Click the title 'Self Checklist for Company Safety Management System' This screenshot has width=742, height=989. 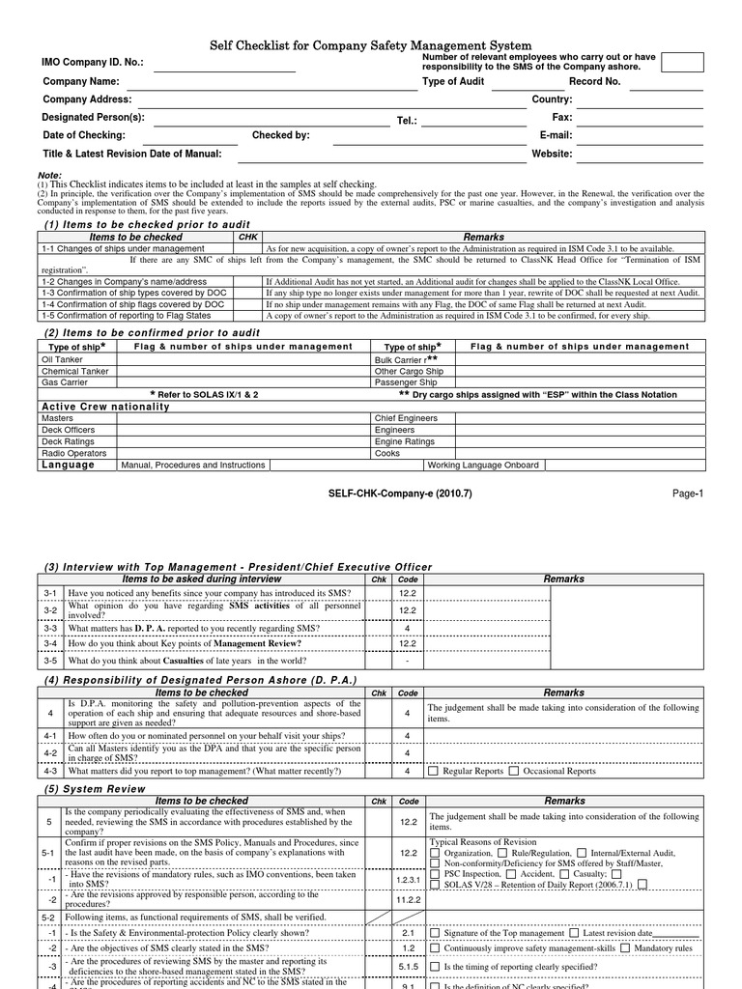pyautogui.click(x=371, y=45)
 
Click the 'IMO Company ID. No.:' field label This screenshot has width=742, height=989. pyautogui.click(x=93, y=63)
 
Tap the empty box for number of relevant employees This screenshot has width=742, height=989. pyautogui.click(x=682, y=63)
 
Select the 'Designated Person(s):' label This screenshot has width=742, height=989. pyautogui.click(x=94, y=117)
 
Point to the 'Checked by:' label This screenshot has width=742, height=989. pyautogui.click(x=280, y=135)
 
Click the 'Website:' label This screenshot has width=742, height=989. pyautogui.click(x=552, y=154)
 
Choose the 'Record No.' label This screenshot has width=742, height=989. pyautogui.click(x=594, y=82)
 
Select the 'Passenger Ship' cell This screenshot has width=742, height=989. pyautogui.click(x=406, y=382)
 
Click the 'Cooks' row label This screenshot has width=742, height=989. pyautogui.click(x=388, y=453)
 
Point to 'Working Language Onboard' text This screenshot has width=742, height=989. pyautogui.click(x=483, y=465)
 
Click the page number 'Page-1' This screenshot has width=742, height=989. pyautogui.click(x=688, y=493)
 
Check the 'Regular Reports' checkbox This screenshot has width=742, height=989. pyautogui.click(x=434, y=772)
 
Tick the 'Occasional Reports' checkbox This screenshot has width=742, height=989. pyautogui.click(x=514, y=772)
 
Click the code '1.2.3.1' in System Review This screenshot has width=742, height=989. pyautogui.click(x=408, y=880)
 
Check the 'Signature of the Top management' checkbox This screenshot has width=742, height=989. pyautogui.click(x=434, y=934)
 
